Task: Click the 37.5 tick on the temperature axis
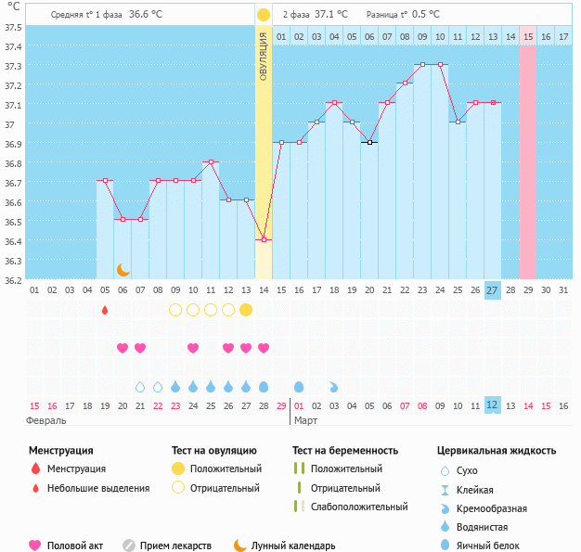click(x=13, y=27)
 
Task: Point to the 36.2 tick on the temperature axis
click(x=13, y=279)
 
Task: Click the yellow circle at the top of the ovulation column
click(x=264, y=15)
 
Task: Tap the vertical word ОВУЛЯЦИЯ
click(x=264, y=57)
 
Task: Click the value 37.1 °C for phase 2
click(x=331, y=15)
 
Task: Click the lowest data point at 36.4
click(x=264, y=240)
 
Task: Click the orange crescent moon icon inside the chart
click(x=123, y=269)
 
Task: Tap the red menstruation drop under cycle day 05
click(x=105, y=310)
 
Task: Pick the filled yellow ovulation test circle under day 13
click(x=246, y=310)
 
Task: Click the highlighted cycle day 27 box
click(x=492, y=290)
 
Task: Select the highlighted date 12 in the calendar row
click(x=492, y=405)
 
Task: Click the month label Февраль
click(x=47, y=420)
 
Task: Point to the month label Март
click(x=306, y=420)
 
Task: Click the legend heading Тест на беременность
click(x=345, y=451)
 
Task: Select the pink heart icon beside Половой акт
click(x=35, y=546)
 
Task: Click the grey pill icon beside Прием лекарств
click(x=129, y=546)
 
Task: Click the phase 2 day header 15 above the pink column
click(x=527, y=36)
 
